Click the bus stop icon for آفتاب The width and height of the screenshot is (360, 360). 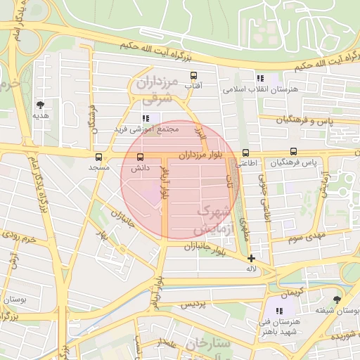[193, 75]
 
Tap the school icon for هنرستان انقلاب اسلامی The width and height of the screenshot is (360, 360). [260, 79]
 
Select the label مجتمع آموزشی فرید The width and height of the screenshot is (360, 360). [148, 129]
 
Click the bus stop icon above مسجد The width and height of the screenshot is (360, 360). [98, 157]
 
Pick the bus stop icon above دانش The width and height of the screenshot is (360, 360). [141, 157]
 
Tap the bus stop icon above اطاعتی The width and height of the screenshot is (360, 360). [245, 153]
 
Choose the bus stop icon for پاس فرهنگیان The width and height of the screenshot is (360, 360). [293, 151]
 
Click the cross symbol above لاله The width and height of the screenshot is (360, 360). [251, 258]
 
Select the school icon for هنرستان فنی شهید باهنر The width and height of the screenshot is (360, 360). [279, 310]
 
